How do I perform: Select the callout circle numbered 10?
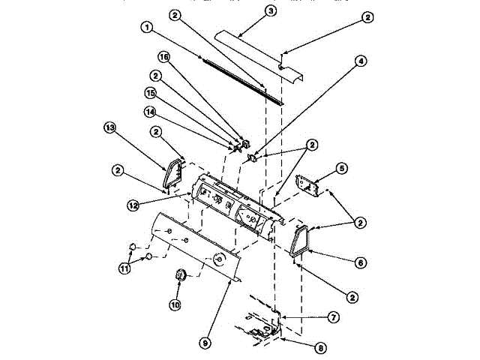(175, 304)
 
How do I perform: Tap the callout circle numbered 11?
(124, 267)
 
